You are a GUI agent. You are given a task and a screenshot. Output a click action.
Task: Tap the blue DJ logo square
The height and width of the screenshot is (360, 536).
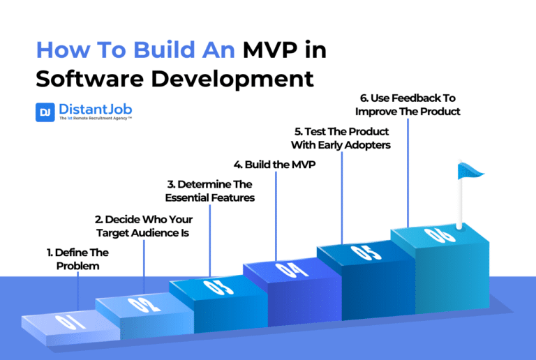pyautogui.click(x=45, y=112)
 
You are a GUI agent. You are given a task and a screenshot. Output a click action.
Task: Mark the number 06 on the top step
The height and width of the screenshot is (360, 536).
pyautogui.click(x=435, y=235)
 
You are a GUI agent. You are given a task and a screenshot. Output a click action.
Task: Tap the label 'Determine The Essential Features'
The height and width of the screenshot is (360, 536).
pyautogui.click(x=209, y=191)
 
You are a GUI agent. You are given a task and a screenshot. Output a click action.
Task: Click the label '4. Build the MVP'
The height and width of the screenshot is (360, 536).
pyautogui.click(x=276, y=164)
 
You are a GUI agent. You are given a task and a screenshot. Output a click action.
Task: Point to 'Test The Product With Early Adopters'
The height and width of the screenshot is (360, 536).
pyautogui.click(x=342, y=138)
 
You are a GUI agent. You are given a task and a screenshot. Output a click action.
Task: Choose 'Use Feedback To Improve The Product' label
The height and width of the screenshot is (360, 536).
pyautogui.click(x=408, y=105)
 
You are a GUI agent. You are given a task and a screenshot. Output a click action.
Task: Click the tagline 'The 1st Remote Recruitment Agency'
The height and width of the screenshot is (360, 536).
pyautogui.click(x=96, y=119)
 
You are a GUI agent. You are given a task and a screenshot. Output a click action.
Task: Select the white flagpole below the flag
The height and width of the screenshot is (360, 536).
pyautogui.click(x=460, y=202)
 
